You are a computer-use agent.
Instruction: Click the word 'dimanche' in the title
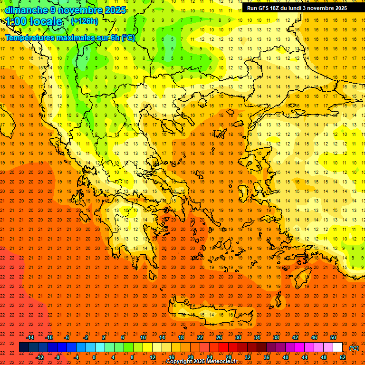[x=26, y=10]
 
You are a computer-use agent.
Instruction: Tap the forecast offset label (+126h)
[x=84, y=21]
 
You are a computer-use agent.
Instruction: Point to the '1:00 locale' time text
[x=34, y=21]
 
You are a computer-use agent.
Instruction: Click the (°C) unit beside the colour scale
[x=354, y=348]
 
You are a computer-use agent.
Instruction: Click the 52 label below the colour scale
[x=343, y=357]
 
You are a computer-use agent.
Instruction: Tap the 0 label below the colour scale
[x=94, y=357]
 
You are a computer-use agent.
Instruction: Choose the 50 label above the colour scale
[x=333, y=337]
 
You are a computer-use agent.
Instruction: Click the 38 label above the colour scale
[x=276, y=337]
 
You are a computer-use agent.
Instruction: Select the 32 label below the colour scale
[x=248, y=357]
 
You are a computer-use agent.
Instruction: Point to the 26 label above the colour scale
[x=219, y=337]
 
